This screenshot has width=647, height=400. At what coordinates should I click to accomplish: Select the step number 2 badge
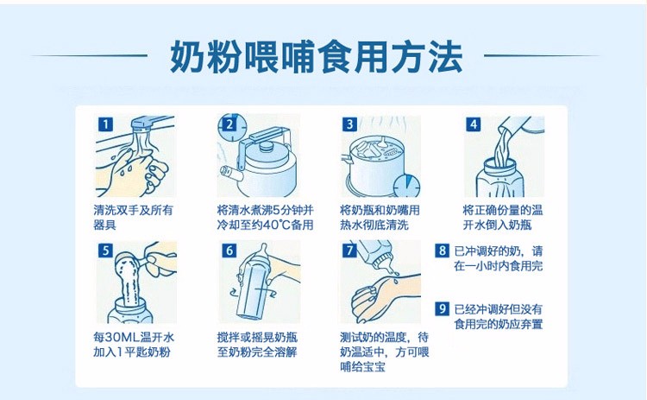[229, 124]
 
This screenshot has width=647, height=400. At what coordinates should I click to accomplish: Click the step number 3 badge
[350, 124]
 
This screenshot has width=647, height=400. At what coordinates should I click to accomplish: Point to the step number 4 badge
[473, 124]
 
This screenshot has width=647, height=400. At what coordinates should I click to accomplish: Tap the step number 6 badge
[229, 251]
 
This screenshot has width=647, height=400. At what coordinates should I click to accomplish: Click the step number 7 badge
[350, 251]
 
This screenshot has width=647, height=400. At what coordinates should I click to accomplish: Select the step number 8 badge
[442, 251]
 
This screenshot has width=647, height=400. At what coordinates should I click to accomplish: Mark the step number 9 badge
[442, 308]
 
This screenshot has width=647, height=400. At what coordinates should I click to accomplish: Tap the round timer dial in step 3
[405, 185]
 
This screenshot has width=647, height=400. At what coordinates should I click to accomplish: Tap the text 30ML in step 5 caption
[126, 336]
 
